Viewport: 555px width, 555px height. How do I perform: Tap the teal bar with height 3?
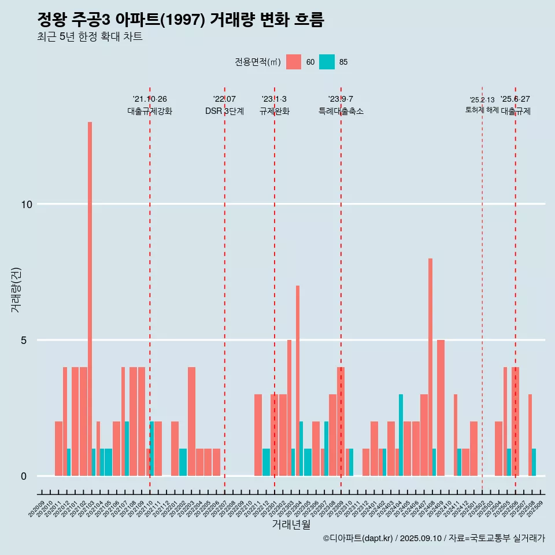coord(401,434)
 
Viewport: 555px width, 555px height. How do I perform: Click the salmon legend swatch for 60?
coord(294,62)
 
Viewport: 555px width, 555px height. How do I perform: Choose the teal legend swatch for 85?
coord(327,62)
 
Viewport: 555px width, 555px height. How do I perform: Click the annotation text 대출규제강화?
coord(150,111)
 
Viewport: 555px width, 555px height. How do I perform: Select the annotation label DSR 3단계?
coord(224,111)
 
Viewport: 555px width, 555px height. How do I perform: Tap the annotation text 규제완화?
coord(274,111)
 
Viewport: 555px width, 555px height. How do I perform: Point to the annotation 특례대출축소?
coord(341,111)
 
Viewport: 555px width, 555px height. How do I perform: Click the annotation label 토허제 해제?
coord(482,110)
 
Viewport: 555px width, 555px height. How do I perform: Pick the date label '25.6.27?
coord(515,99)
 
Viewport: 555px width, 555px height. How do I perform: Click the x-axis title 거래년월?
coord(291,524)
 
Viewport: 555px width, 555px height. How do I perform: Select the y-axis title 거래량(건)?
coord(16,289)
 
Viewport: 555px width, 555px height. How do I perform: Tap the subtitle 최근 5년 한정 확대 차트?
coord(90,37)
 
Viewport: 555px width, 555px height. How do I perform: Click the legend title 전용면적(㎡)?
coord(258,62)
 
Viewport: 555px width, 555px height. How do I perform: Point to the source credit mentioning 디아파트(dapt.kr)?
coord(434,538)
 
